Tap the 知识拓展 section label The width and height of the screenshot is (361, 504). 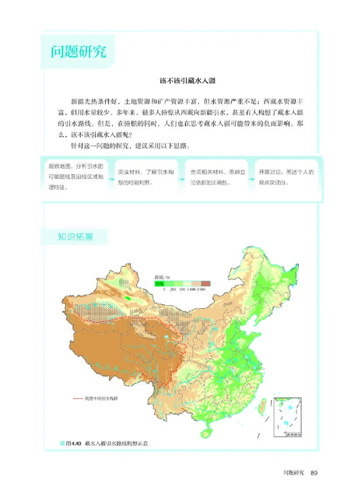click(x=75, y=237)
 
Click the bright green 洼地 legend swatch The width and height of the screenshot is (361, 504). click(x=158, y=284)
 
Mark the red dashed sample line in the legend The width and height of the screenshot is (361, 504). click(x=78, y=399)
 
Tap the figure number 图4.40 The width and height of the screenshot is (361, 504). click(x=72, y=444)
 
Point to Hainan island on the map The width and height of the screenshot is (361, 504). click(x=206, y=431)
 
